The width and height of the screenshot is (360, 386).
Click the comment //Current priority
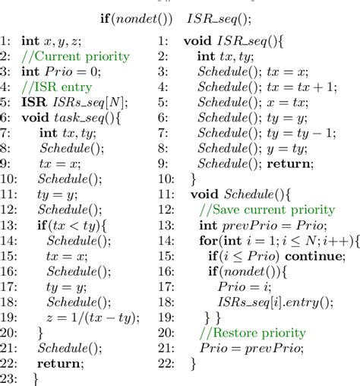point(77,56)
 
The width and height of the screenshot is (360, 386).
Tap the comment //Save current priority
point(266,210)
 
